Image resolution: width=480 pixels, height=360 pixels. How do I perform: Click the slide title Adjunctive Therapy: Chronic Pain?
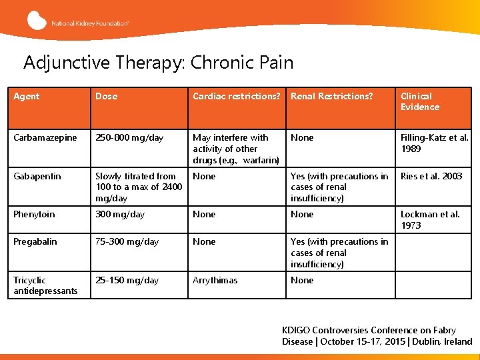pyautogui.click(x=158, y=63)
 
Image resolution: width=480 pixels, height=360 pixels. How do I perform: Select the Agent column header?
pyautogui.click(x=27, y=97)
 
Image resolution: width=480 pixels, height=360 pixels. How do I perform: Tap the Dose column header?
pyautogui.click(x=106, y=97)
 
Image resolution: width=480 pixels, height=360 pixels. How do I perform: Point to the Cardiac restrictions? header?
pyautogui.click(x=236, y=97)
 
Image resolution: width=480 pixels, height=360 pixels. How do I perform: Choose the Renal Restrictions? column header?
pyautogui.click(x=331, y=97)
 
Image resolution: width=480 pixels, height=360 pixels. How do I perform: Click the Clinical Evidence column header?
pyautogui.click(x=420, y=101)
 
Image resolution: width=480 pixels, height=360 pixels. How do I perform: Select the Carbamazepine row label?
pyautogui.click(x=45, y=138)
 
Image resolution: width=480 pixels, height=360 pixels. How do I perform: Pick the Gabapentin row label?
pyautogui.click(x=37, y=177)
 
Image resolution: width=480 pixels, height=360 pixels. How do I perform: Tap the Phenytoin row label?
pyautogui.click(x=35, y=215)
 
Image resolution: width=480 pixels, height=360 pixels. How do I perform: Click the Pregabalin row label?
pyautogui.click(x=35, y=242)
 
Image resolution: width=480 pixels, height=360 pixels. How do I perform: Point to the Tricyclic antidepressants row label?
pyautogui.click(x=45, y=285)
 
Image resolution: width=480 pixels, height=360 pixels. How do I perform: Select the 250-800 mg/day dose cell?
pyautogui.click(x=129, y=138)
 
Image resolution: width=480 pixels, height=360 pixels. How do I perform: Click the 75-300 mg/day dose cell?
pyautogui.click(x=127, y=242)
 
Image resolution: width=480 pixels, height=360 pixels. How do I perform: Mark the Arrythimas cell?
pyautogui.click(x=215, y=281)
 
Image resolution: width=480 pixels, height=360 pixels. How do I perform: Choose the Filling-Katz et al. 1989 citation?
pyautogui.click(x=434, y=143)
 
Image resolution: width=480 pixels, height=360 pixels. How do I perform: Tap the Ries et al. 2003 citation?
pyautogui.click(x=431, y=177)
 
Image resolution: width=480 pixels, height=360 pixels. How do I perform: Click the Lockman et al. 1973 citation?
pyautogui.click(x=430, y=220)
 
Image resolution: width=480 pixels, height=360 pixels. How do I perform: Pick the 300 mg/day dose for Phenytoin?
pyautogui.click(x=120, y=215)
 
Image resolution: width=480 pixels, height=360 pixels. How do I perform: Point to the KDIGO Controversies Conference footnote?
pyautogui.click(x=377, y=336)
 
